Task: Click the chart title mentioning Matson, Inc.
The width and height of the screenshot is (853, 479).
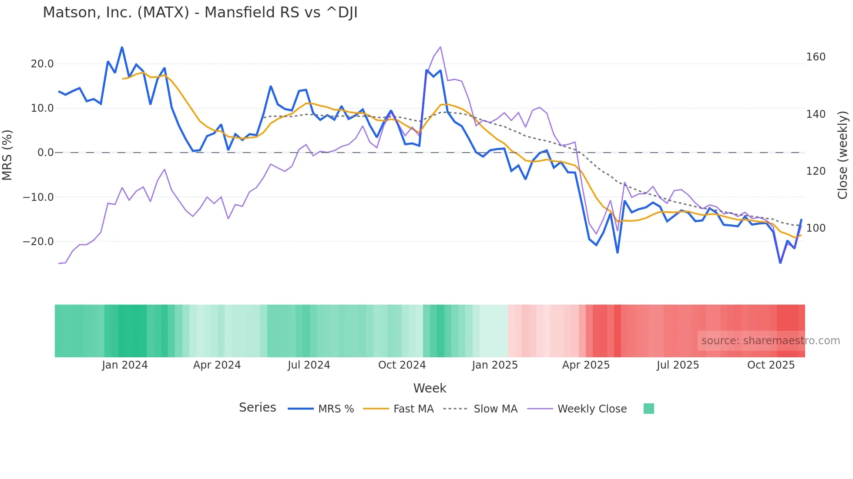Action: [200, 13]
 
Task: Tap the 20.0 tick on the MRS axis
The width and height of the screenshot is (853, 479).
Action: [42, 64]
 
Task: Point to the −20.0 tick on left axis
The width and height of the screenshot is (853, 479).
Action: [39, 242]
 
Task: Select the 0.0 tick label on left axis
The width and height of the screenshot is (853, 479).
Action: [45, 153]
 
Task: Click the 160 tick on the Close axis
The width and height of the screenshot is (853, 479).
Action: [816, 57]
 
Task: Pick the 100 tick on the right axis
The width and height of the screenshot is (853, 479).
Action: [816, 228]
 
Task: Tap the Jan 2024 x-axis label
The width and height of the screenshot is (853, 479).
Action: [125, 365]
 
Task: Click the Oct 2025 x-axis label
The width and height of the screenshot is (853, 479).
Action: [771, 365]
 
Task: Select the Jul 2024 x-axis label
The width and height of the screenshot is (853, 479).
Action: [309, 365]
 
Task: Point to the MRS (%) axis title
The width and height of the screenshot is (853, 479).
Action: [7, 155]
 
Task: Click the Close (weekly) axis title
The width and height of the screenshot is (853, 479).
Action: [843, 155]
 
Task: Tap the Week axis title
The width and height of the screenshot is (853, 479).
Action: [430, 388]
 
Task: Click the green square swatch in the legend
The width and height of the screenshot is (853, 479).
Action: [648, 409]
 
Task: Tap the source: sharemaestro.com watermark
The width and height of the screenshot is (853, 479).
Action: [770, 341]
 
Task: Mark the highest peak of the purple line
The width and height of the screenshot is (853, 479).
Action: [440, 47]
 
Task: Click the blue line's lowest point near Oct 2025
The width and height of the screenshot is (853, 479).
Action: [780, 263]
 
